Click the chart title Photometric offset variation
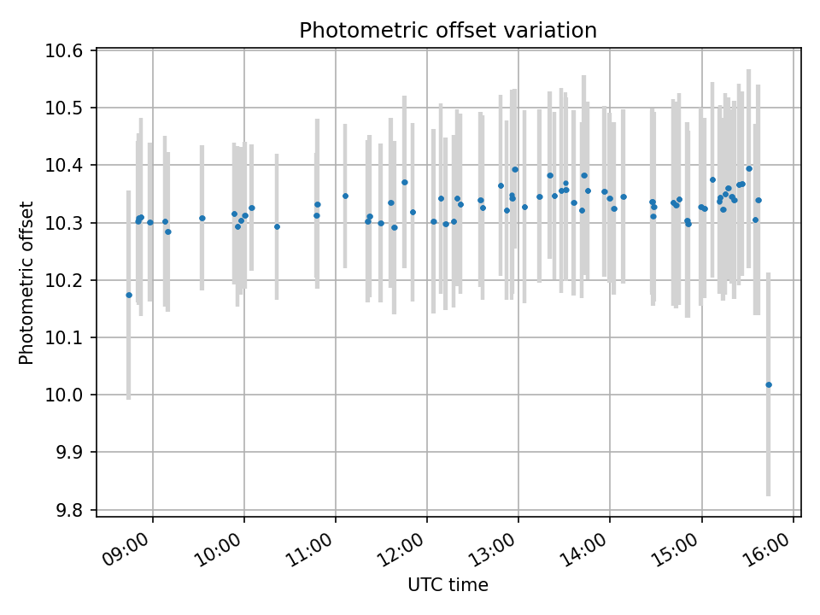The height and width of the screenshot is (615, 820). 448,31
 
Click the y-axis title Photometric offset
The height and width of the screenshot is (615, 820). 26,283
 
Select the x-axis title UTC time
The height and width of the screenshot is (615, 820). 448,585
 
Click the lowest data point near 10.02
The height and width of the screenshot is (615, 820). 769,384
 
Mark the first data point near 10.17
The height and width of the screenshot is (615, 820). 129,295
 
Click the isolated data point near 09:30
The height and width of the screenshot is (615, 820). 202,218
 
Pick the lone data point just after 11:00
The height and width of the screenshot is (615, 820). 345,196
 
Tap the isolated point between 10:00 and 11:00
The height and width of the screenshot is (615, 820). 277,226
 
